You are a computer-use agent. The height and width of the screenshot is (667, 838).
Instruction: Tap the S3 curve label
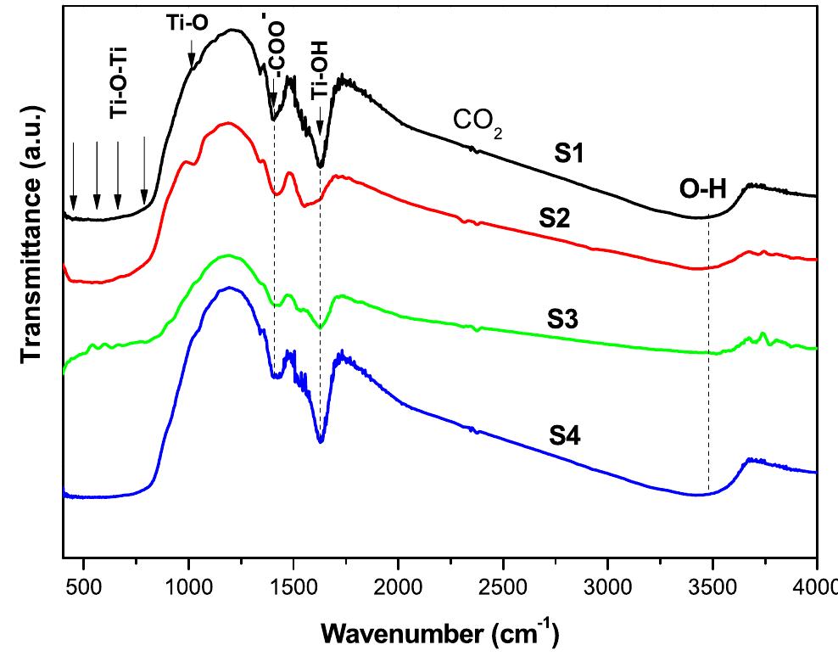566,320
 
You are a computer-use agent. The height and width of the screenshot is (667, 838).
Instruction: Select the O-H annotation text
702,189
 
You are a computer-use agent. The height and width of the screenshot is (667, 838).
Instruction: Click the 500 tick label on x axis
83,587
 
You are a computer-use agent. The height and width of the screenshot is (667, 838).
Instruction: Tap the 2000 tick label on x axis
398,587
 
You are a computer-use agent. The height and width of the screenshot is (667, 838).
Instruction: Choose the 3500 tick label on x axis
712,587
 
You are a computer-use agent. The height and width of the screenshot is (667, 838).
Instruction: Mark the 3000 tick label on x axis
607,587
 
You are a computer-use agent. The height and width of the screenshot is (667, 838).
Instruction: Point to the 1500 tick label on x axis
293,587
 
